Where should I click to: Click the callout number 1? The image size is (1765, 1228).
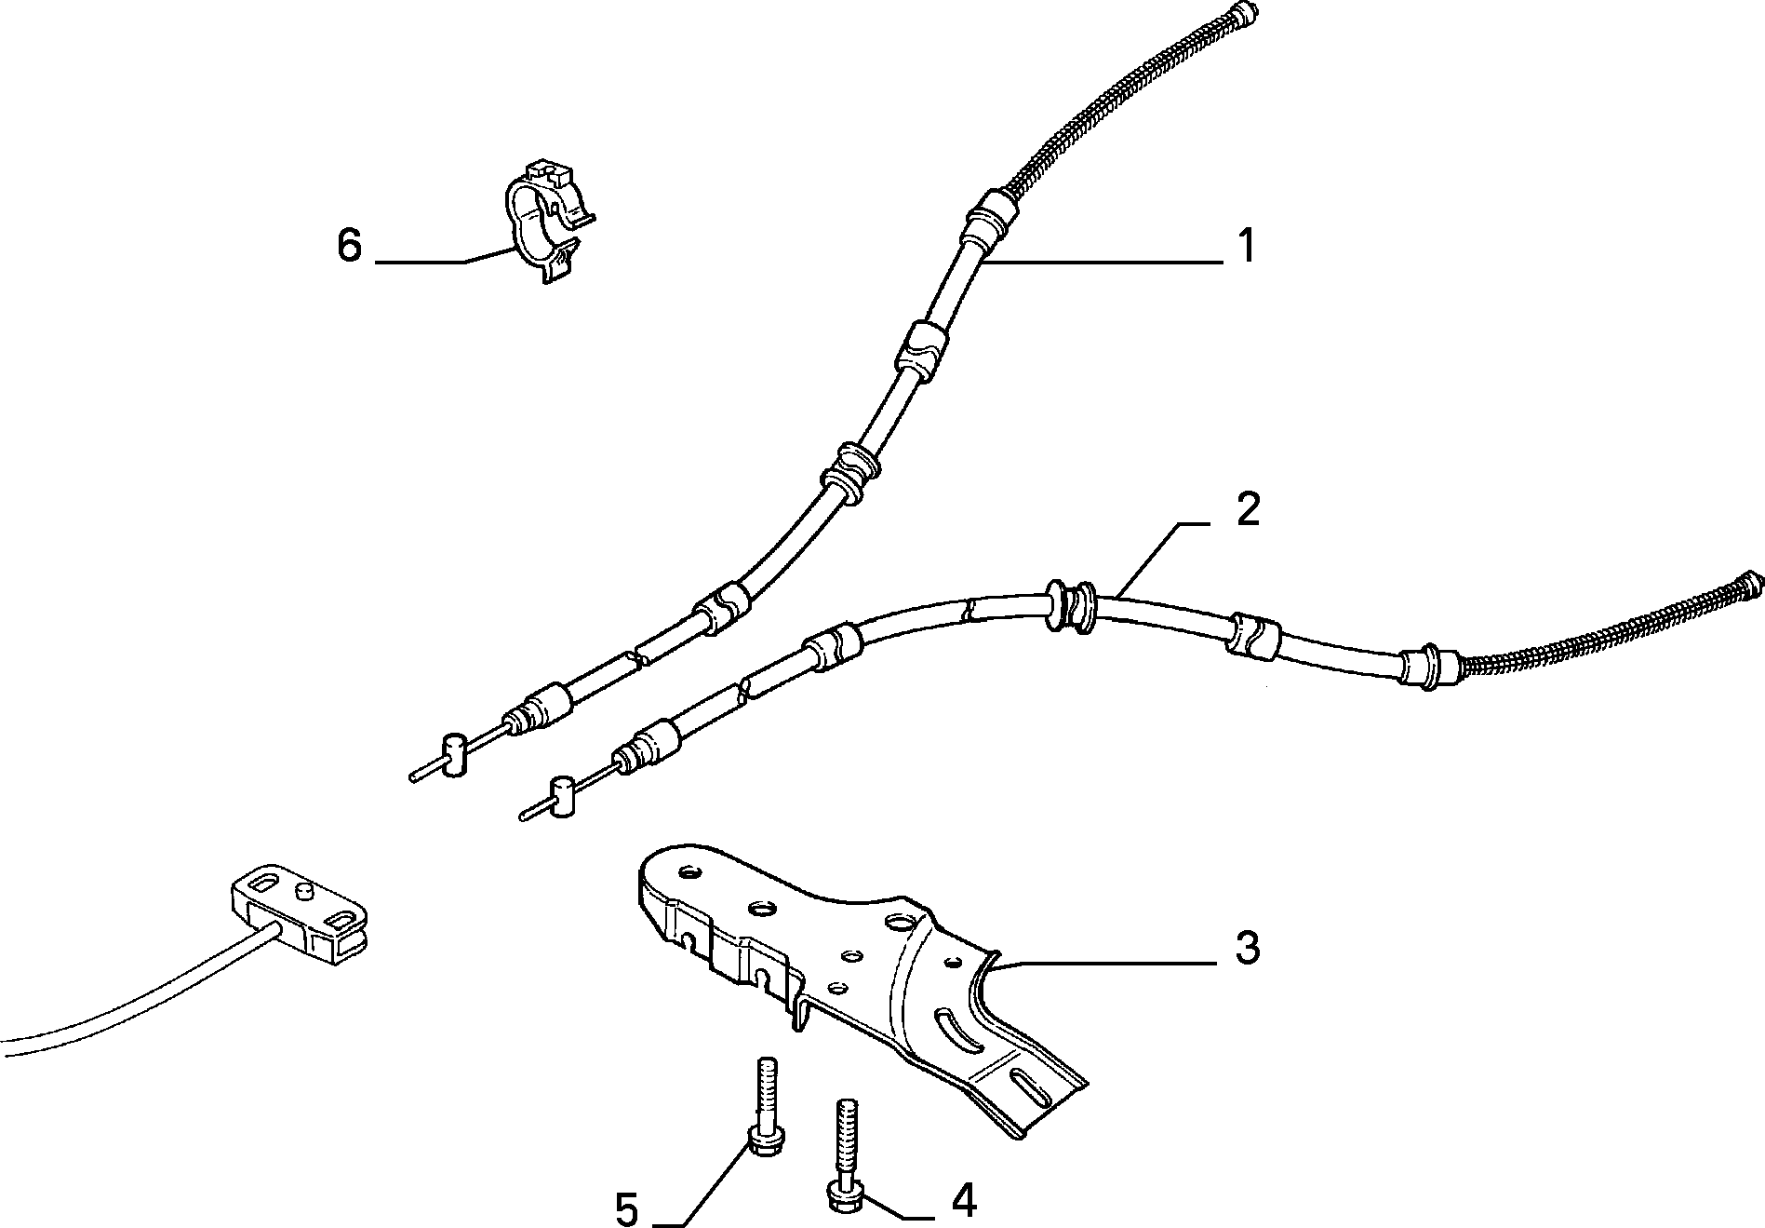point(1246,247)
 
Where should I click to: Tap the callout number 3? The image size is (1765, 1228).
point(1247,948)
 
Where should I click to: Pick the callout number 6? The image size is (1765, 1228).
point(349,247)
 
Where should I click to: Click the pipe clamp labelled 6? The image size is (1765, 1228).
point(547,220)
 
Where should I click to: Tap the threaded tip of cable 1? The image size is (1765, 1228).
point(1244,15)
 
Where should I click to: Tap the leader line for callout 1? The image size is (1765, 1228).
point(1103,263)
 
